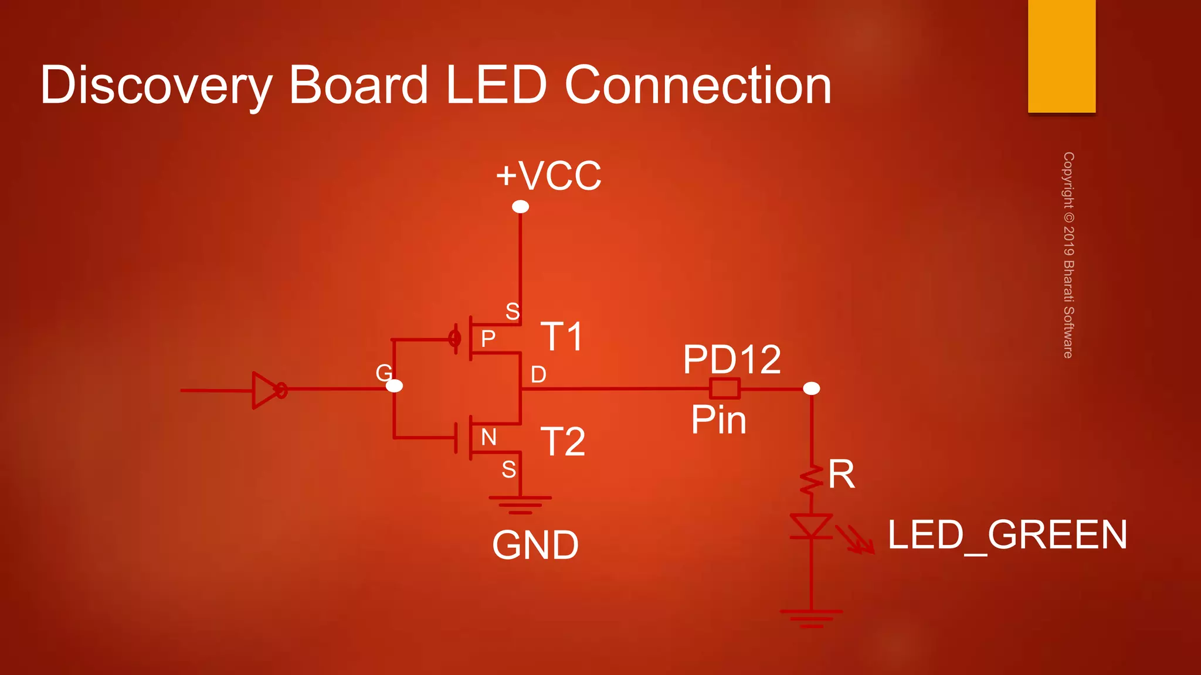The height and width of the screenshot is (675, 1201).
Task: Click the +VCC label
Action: [x=548, y=175]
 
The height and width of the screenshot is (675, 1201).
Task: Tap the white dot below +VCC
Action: [x=520, y=207]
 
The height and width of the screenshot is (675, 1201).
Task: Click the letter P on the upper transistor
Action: [x=488, y=339]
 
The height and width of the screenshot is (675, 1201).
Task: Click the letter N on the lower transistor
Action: [x=488, y=437]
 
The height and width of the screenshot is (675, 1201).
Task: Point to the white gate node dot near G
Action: [x=395, y=386]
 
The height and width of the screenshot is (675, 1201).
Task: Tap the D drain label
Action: [x=538, y=374]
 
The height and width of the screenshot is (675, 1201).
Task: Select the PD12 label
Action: [x=732, y=359]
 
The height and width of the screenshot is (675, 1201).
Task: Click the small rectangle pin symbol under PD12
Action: [x=724, y=388]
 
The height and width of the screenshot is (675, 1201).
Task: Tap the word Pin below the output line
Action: [x=718, y=420]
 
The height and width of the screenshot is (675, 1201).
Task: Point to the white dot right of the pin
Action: [x=811, y=388]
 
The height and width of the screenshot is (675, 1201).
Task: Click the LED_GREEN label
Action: [x=1007, y=535]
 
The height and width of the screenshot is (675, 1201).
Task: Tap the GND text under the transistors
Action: [x=535, y=546]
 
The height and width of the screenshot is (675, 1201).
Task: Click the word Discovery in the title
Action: [x=156, y=86]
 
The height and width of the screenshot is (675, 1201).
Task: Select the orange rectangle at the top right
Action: [x=1061, y=56]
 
